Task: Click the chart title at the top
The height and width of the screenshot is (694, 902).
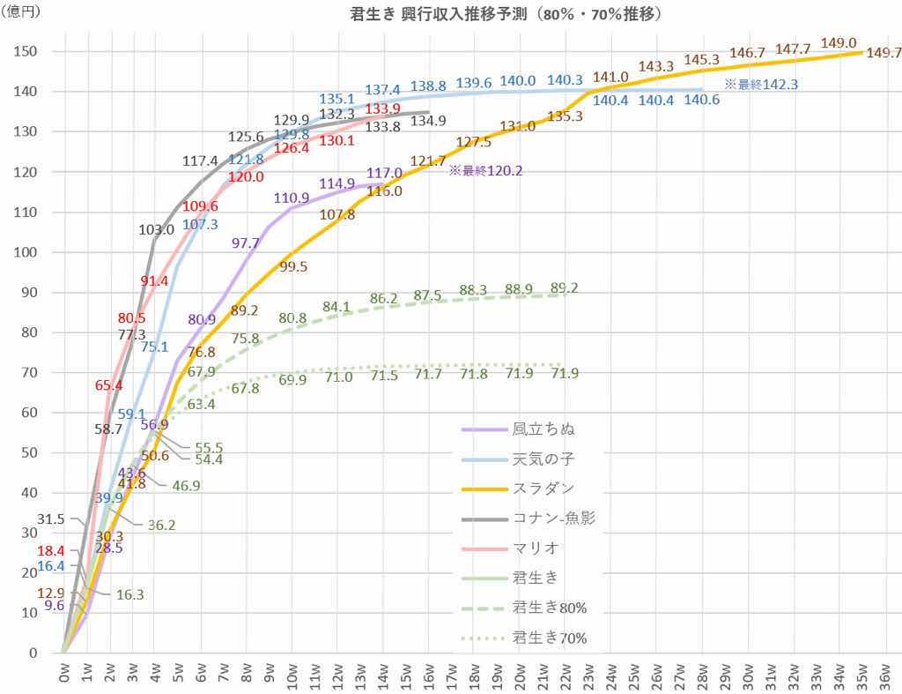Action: point(495,15)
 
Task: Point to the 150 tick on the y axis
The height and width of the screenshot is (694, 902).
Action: point(26,51)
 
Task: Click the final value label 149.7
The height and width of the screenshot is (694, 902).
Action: point(884,53)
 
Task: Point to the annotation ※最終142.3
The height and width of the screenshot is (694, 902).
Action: point(761,85)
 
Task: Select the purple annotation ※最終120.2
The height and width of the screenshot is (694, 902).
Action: point(486,170)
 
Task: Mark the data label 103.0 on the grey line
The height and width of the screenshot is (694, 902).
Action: point(156,229)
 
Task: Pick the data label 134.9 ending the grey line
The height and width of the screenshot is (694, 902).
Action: point(429,121)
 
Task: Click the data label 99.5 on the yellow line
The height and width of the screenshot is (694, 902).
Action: point(292,267)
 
